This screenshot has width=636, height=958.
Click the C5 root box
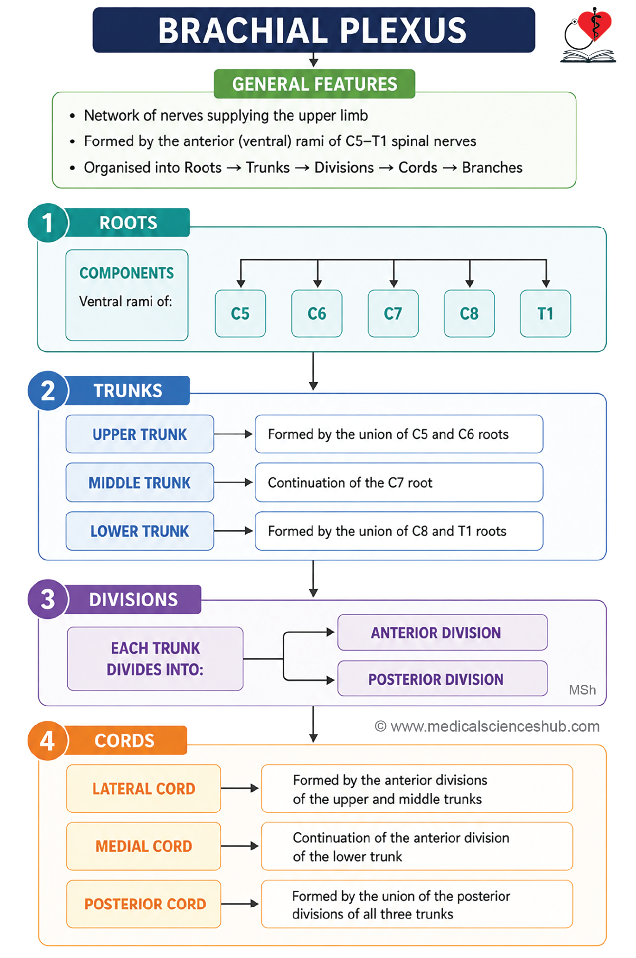240,314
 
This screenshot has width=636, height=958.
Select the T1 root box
545,314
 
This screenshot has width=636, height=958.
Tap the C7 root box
393,314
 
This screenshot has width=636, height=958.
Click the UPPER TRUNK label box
140,434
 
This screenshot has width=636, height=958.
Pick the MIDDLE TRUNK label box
140,482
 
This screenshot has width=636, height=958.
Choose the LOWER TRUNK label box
140,531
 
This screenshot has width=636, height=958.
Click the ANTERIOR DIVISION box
442,632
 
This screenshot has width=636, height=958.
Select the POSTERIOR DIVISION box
442,679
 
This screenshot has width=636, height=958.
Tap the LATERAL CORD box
144,789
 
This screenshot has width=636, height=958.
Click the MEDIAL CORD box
144,846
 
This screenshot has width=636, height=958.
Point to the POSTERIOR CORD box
144,904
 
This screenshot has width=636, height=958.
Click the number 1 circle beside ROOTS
48,223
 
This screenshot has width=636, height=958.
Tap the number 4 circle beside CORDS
48,740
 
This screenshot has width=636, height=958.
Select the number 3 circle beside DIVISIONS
48,599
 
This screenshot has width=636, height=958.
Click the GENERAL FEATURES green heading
314,84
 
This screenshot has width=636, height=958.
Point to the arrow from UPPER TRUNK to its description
233,434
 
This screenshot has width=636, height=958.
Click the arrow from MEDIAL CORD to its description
240,846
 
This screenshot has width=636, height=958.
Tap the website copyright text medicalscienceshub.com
487,727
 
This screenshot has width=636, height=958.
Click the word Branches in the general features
492,167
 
